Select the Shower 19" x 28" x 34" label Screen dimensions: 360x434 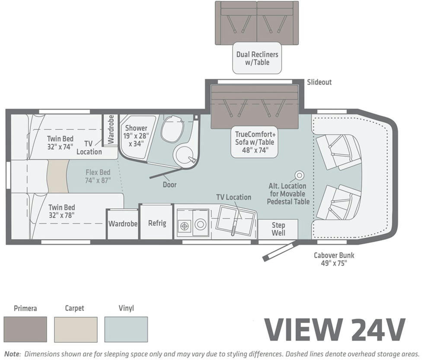pos(137,136)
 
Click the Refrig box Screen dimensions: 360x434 pos(157,223)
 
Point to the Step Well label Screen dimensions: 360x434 pos(278,229)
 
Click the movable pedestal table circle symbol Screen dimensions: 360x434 pos(299,175)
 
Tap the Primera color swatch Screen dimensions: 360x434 pos(25,329)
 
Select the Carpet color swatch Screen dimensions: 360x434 pos(76,329)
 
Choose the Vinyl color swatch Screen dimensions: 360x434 pos(126,329)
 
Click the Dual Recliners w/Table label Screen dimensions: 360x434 pos(257,58)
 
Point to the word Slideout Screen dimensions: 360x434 pos(319,82)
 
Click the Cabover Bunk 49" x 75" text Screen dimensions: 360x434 pos(334,259)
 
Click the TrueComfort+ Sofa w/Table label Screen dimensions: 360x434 pos(255,142)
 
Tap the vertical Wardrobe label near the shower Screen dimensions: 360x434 pos(111,130)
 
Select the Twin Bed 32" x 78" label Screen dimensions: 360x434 pos(61,211)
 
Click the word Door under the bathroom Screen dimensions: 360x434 pos(169,185)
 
